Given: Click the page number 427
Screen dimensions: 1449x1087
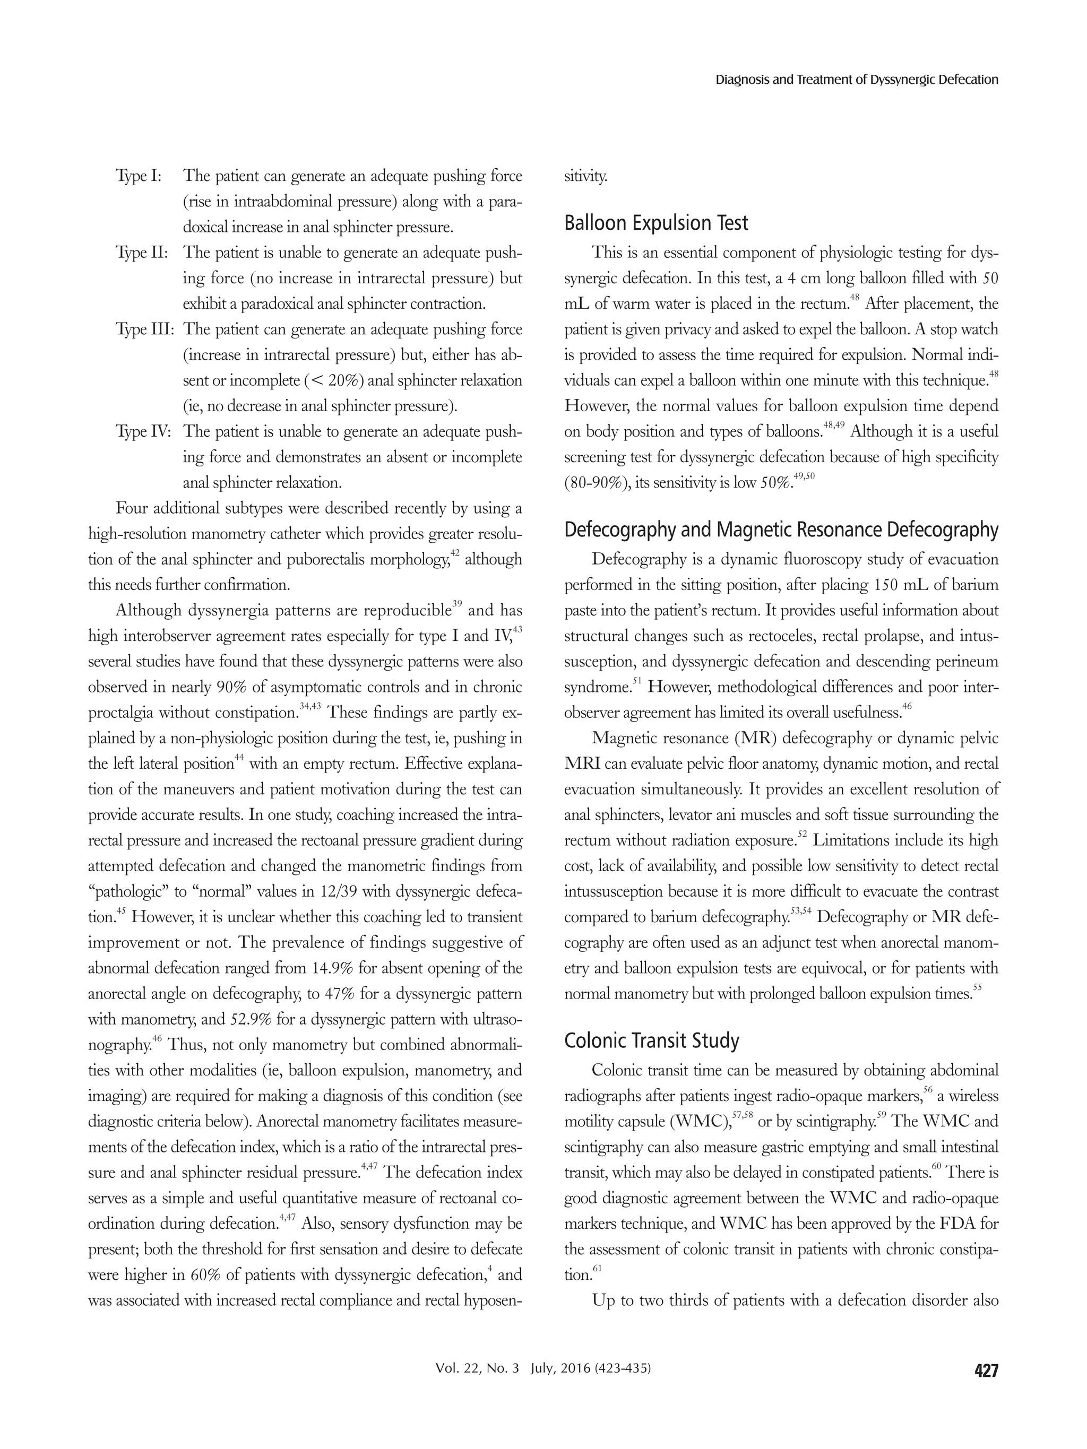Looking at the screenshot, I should (986, 1370).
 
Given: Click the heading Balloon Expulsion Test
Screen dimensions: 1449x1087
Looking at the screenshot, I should (655, 223).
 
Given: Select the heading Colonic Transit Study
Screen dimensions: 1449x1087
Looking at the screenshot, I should (651, 1040).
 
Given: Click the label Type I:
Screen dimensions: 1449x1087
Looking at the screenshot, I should (139, 176).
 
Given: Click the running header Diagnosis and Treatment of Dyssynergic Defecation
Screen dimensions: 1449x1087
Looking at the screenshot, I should (856, 80).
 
